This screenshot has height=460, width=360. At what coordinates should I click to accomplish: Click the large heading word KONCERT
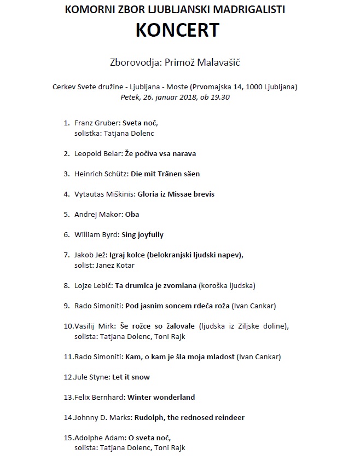click(177, 30)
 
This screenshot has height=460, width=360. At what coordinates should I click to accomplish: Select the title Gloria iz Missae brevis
click(176, 194)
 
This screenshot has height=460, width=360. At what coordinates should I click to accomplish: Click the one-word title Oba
click(132, 214)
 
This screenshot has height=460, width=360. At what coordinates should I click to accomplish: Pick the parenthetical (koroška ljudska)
click(227, 285)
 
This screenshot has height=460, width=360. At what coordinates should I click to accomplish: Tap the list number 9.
click(66, 306)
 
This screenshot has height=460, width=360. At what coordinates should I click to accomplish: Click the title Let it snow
click(131, 377)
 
